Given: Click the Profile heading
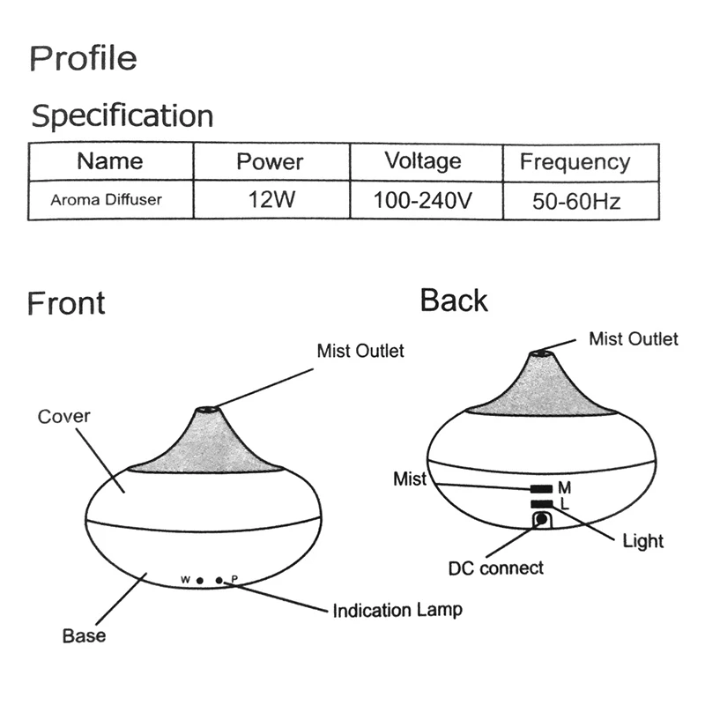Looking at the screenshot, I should (x=84, y=58).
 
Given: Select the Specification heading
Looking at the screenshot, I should (x=122, y=115).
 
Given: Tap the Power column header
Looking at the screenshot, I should (x=270, y=161).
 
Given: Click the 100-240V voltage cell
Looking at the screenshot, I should (x=424, y=200).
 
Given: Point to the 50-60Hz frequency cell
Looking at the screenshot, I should (x=576, y=201).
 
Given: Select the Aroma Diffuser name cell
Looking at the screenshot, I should (x=106, y=200).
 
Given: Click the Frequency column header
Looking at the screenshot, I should (x=575, y=161).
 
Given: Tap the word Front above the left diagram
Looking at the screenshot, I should (x=66, y=303).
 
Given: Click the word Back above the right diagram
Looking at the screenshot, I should (x=454, y=301).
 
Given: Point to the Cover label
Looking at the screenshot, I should (x=63, y=415).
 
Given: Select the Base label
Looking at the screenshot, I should (x=84, y=635).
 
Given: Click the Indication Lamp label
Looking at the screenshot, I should (x=397, y=610).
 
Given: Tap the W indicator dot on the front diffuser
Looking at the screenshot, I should (x=201, y=580).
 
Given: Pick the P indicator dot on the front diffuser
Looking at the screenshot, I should (x=219, y=580).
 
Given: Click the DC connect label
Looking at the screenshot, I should (x=500, y=568).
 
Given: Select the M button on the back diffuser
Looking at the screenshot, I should (x=540, y=487).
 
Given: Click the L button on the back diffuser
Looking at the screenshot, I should (x=540, y=503).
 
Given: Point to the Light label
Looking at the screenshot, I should (x=642, y=540).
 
